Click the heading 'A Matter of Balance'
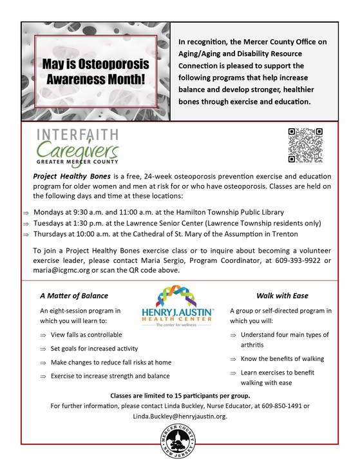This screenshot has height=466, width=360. [x=66, y=296]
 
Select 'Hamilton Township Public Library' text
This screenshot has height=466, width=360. [x=227, y=212]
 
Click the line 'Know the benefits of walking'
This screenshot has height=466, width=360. [x=282, y=358]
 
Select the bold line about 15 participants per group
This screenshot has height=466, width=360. [x=180, y=394]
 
